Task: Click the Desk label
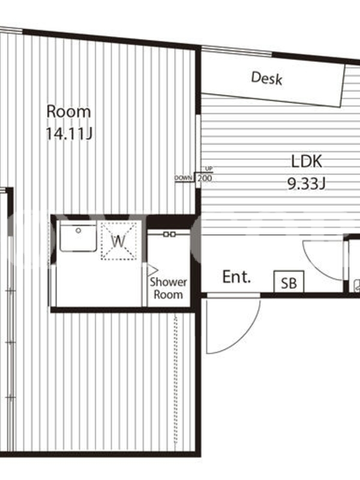(x=266, y=78)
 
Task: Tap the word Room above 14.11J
(x=68, y=112)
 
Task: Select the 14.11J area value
(x=69, y=134)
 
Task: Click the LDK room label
(x=307, y=161)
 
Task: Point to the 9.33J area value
(x=306, y=184)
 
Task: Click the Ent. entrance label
(x=236, y=277)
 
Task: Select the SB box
(x=289, y=281)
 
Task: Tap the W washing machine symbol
(x=118, y=241)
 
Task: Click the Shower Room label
(x=168, y=288)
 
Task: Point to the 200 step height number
(x=205, y=178)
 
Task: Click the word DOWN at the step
(x=184, y=178)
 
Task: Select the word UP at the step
(x=209, y=169)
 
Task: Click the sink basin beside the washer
(x=78, y=236)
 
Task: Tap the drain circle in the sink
(x=79, y=230)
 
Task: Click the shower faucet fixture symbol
(x=169, y=234)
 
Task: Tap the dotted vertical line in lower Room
(x=175, y=380)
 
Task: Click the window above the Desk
(x=236, y=51)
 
